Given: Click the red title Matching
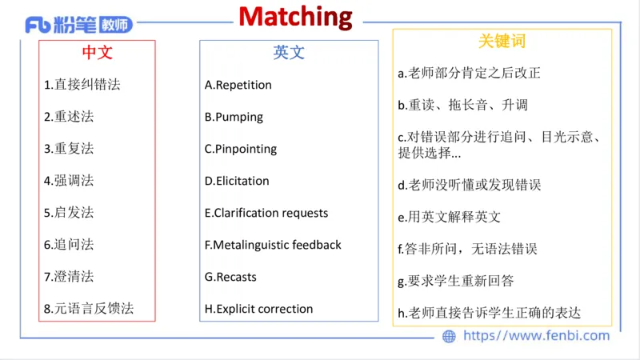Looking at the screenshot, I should point(295,16).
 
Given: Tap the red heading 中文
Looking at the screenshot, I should point(98,53).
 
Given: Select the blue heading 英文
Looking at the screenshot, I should point(289,53).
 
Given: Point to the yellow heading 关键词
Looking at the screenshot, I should point(502,41).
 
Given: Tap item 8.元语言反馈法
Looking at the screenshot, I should point(89,308).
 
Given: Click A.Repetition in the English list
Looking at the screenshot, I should point(238,85).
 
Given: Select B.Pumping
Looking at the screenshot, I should point(234,117).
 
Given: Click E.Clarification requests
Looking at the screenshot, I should point(266,213).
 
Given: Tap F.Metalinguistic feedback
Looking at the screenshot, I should point(273,245).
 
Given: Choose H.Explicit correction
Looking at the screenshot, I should point(258,309).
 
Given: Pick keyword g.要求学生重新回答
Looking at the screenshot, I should point(456,281).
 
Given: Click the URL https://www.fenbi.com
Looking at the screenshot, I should point(536,336).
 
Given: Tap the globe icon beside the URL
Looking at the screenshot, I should point(449,336).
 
